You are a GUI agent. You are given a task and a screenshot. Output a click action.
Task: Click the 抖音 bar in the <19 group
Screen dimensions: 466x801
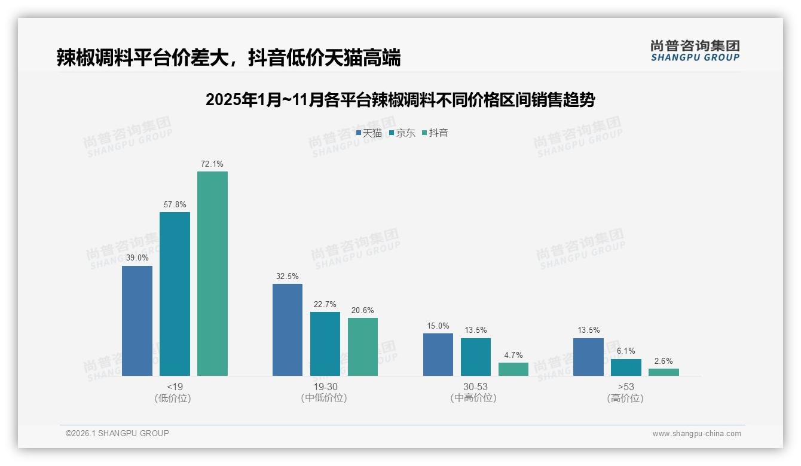[212, 274]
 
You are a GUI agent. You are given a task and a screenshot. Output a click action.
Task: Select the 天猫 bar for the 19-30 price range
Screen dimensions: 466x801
[288, 330]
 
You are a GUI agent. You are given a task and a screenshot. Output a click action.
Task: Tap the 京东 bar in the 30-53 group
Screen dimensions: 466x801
[476, 357]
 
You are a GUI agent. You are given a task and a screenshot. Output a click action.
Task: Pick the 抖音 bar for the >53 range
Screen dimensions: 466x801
[664, 372]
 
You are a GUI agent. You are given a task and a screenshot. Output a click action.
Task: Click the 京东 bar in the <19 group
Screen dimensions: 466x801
[175, 294]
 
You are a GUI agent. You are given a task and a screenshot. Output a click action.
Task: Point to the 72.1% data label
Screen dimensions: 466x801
[212, 164]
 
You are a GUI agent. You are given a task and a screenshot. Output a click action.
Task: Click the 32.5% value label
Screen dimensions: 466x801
[288, 276]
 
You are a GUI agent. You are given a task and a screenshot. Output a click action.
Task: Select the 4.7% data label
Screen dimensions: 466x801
[513, 355]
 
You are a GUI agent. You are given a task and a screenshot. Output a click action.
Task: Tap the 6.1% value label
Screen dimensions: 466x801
[626, 351]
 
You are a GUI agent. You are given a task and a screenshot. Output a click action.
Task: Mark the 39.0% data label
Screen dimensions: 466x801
[137, 258]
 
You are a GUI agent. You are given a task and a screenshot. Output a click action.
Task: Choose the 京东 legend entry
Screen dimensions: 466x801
[402, 133]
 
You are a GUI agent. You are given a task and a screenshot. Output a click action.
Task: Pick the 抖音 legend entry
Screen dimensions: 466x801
[435, 133]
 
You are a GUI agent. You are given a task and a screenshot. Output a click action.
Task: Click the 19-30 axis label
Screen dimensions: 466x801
[325, 387]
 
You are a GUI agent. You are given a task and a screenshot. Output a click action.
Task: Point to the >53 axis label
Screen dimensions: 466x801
[626, 387]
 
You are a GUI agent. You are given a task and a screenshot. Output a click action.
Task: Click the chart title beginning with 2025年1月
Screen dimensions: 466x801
[400, 100]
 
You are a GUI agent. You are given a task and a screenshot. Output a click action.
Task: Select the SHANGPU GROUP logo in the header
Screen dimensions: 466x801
[695, 51]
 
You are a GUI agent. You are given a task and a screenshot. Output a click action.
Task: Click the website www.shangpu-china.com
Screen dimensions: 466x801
[696, 434]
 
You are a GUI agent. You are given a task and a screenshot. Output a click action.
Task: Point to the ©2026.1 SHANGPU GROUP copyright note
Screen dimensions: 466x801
[117, 433]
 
